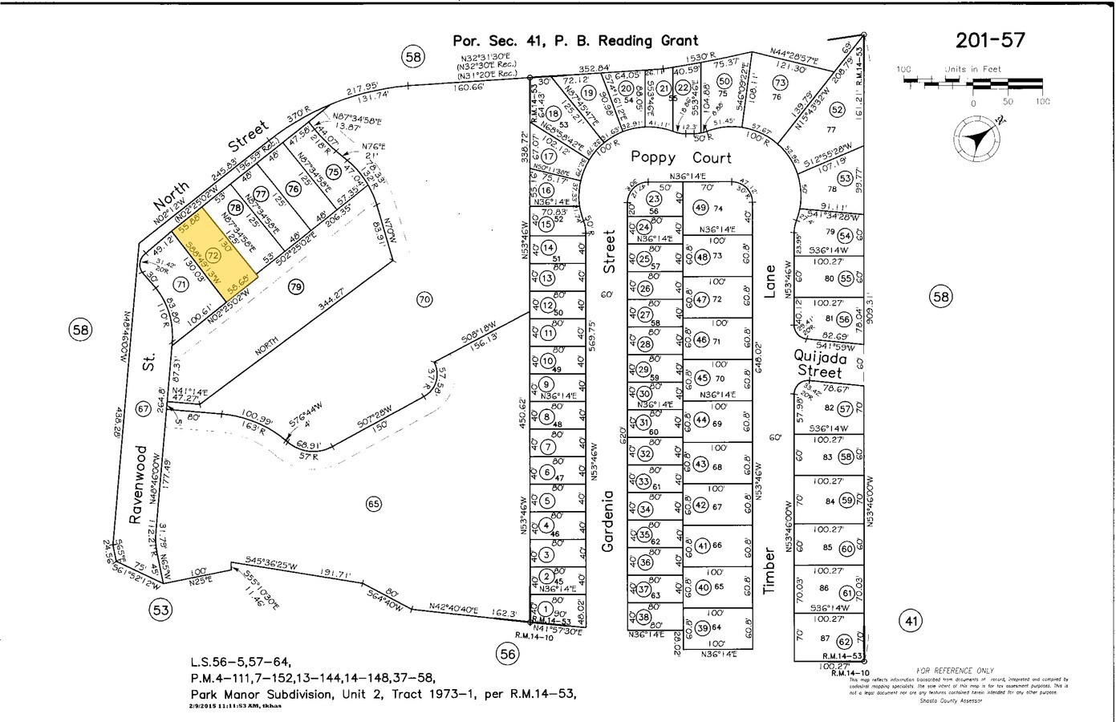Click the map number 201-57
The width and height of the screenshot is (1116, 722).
tap(991, 40)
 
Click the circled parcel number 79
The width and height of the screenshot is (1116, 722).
tap(296, 286)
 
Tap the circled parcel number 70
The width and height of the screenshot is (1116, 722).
tap(424, 300)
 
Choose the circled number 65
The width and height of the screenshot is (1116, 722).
tap(373, 504)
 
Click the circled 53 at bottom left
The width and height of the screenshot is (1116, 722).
tap(161, 610)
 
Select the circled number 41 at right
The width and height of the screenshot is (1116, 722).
tap(910, 620)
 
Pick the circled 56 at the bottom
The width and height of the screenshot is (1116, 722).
tap(508, 655)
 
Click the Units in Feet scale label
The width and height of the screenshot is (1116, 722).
tap(973, 70)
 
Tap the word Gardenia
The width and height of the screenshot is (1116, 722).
tap(609, 521)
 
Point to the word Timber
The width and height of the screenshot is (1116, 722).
tap(770, 571)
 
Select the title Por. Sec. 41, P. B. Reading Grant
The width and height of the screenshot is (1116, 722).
tap(575, 40)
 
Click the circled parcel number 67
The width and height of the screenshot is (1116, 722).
tap(144, 409)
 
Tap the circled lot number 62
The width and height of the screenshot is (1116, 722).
tap(843, 641)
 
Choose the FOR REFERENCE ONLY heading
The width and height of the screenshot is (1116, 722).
tap(954, 671)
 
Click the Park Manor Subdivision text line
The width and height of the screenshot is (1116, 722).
tap(383, 693)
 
